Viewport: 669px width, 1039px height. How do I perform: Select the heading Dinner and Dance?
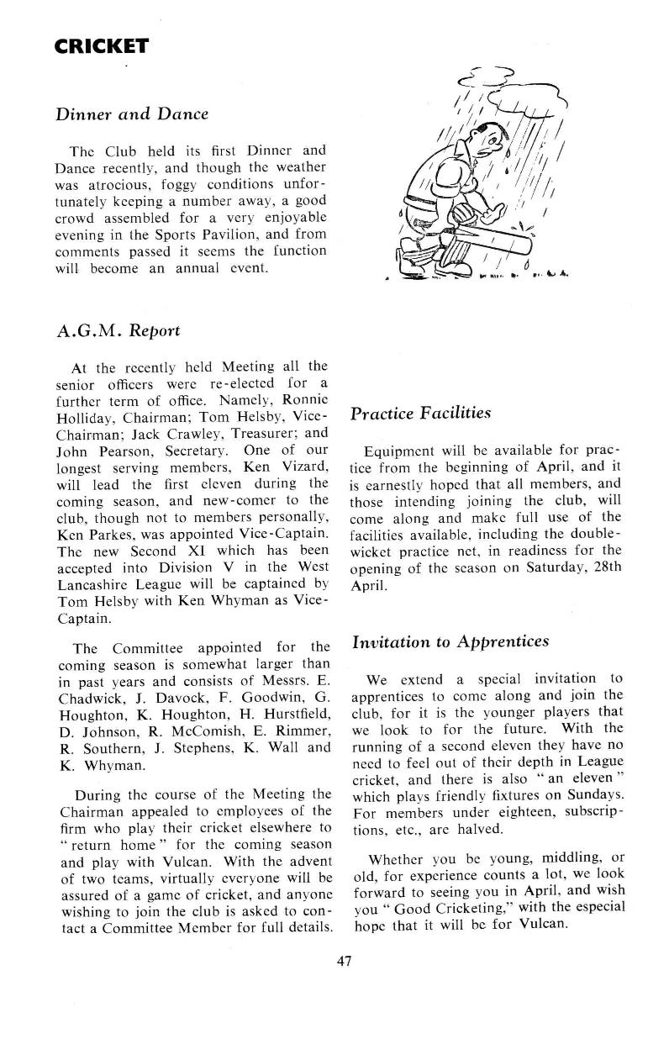click(131, 113)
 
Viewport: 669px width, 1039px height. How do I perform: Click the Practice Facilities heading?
click(420, 414)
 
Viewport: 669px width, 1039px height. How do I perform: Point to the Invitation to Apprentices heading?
click(450, 641)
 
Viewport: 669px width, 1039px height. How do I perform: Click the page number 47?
click(343, 961)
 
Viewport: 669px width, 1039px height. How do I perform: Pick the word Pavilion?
click(227, 235)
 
